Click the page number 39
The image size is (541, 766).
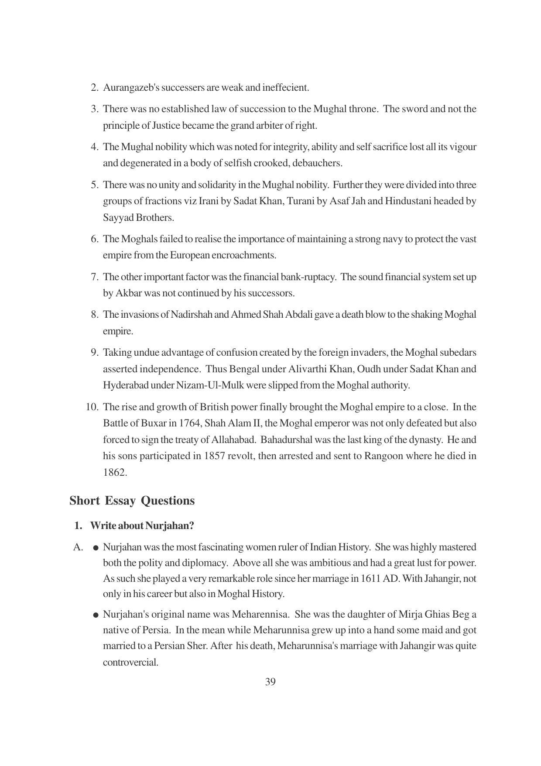270,682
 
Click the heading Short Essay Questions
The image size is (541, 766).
132,500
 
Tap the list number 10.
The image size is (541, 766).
92,407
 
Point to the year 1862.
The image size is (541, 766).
115,472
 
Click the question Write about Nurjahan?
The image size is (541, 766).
142,526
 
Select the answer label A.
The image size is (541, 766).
78,547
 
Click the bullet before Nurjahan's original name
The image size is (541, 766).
96,615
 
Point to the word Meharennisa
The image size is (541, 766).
260,614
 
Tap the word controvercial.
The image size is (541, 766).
130,662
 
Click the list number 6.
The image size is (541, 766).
95,239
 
